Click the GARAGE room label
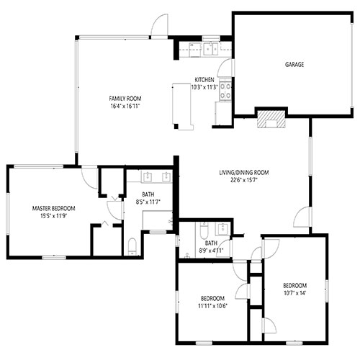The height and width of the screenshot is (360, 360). point(294,64)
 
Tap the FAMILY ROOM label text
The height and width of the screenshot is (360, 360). point(125,99)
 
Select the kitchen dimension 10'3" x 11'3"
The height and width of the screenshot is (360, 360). point(204,87)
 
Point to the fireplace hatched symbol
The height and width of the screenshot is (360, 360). point(271,120)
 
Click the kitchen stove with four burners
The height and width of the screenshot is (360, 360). point(225,91)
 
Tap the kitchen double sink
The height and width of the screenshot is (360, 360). point(211,49)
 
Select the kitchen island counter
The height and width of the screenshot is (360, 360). point(183,107)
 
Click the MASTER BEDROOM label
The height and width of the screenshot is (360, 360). point(53,208)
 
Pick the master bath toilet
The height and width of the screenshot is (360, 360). point(132,246)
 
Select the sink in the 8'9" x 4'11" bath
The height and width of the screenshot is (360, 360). point(223,229)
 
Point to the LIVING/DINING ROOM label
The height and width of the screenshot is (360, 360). point(244,172)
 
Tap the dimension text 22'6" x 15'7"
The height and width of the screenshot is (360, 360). point(244,180)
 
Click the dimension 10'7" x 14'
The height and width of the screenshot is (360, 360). point(294,293)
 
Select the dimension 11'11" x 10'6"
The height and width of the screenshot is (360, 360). point(212,306)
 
